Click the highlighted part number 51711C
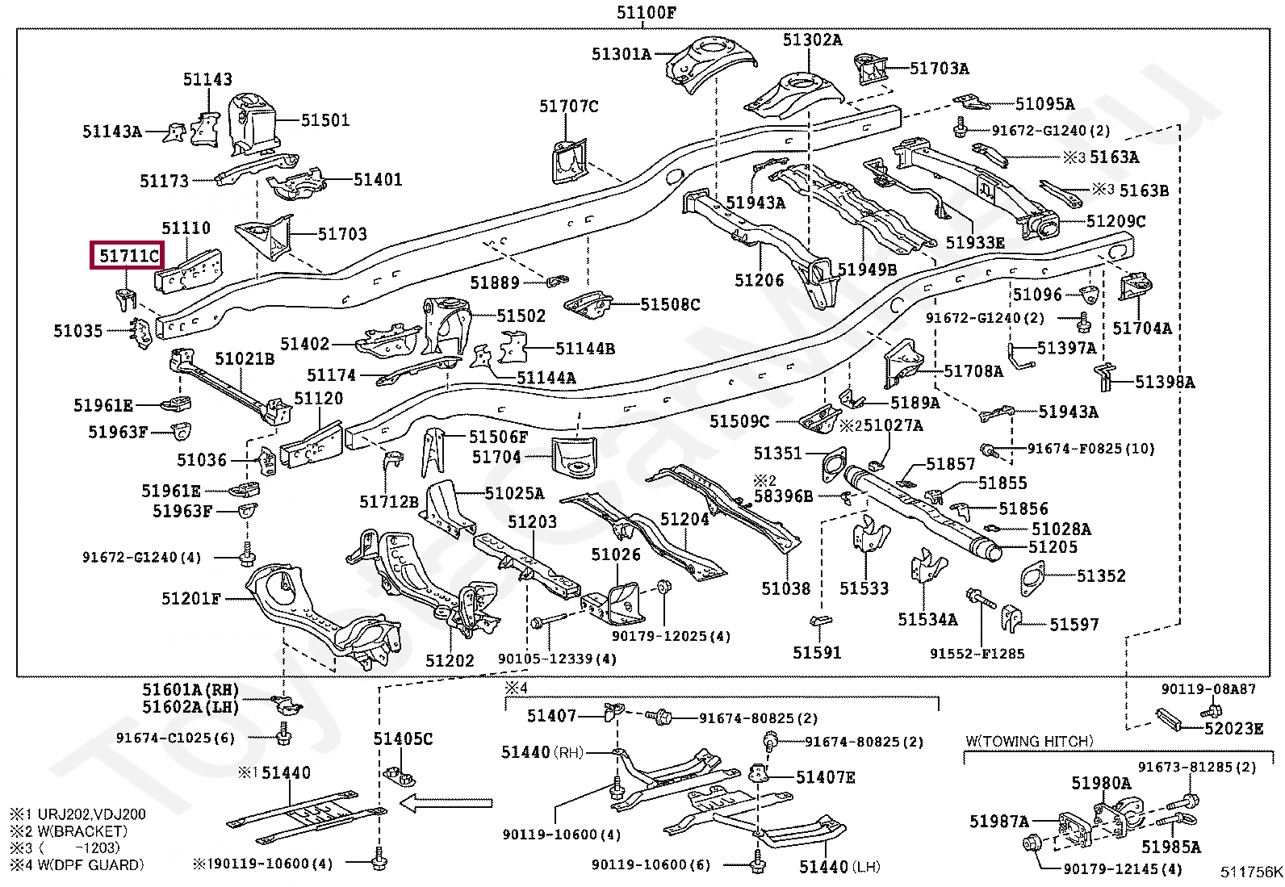129,255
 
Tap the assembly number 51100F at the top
647,12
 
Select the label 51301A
622,54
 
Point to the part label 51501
325,120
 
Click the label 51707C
568,107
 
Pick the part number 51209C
1115,221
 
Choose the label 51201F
191,598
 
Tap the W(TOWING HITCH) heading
1030,741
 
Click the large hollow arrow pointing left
446,803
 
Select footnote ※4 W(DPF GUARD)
77,864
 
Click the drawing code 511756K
1251,872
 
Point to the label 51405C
403,738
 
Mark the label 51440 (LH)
839,866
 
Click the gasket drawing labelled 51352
1032,579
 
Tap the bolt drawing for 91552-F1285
982,600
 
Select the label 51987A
999,822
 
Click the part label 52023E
1233,729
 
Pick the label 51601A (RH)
190,689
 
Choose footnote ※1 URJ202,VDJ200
77,814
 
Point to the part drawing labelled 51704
574,456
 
